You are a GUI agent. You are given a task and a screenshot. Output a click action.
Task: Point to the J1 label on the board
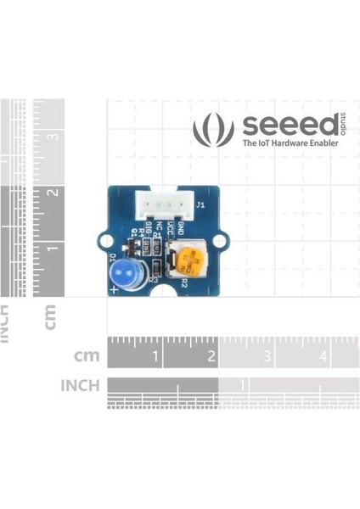[x=200, y=206]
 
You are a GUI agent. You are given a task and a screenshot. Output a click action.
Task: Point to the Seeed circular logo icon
[x=213, y=130]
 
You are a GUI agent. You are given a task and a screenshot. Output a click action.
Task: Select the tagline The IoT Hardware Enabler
[x=290, y=144]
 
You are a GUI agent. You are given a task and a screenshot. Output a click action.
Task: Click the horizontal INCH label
[x=80, y=386]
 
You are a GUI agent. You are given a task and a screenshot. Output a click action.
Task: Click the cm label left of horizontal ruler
[x=87, y=355]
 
